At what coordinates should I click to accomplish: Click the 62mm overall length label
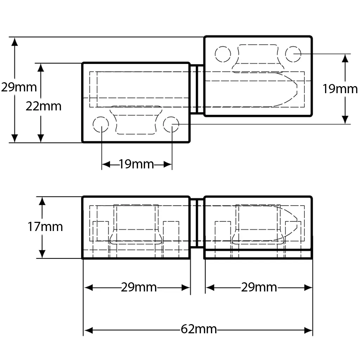pos(199,330)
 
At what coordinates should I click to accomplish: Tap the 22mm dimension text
pos(43,106)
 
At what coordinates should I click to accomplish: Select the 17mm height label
pos(45,227)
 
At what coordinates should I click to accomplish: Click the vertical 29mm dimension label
pos(19,87)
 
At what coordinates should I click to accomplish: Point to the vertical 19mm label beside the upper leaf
pos(340,89)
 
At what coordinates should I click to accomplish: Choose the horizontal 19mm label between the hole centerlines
pos(136,164)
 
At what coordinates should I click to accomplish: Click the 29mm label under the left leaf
pos(139,288)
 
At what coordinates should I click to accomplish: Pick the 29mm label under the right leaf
pos(259,288)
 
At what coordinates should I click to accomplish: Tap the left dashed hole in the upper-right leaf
pos(223,54)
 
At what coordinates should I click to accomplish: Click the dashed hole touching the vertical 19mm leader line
pos(293,54)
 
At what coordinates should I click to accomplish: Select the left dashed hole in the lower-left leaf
pos(101,124)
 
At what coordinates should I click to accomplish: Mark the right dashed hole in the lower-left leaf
pos(172,124)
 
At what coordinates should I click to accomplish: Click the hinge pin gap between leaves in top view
pos(197,89)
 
